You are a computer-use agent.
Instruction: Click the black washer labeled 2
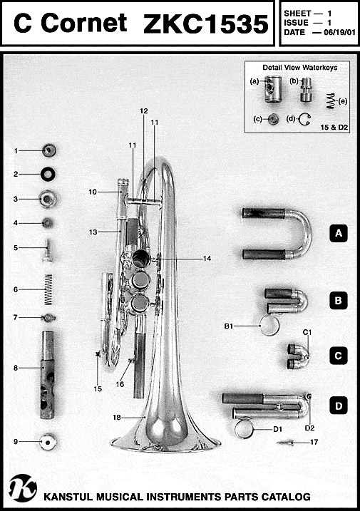pos(48,174)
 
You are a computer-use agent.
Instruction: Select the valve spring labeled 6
pos(48,289)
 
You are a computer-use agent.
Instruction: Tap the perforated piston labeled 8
pos(48,375)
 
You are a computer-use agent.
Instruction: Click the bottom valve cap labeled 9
pos(48,442)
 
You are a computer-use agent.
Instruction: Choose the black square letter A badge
pos(339,233)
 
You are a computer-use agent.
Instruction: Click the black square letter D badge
pos(339,406)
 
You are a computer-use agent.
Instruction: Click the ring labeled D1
pos(245,428)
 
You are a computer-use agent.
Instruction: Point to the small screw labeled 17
pos(285,443)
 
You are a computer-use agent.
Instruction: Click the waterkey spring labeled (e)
pos(331,100)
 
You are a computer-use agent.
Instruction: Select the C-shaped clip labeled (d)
pos(306,119)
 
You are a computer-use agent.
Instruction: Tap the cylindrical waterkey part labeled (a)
pos(272,88)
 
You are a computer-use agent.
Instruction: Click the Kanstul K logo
pos(23,487)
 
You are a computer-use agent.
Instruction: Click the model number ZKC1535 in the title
pos(206,24)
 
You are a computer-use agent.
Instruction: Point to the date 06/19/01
pos(339,32)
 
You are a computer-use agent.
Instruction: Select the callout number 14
pos(207,259)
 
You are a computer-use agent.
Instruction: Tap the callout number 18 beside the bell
pos(117,417)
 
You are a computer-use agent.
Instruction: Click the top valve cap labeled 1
pos(49,150)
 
